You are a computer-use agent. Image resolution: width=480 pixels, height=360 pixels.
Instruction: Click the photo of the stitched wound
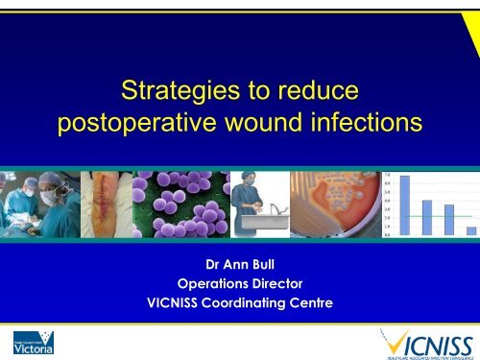[105, 204]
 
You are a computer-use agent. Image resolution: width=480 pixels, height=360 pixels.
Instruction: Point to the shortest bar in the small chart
[470, 230]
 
